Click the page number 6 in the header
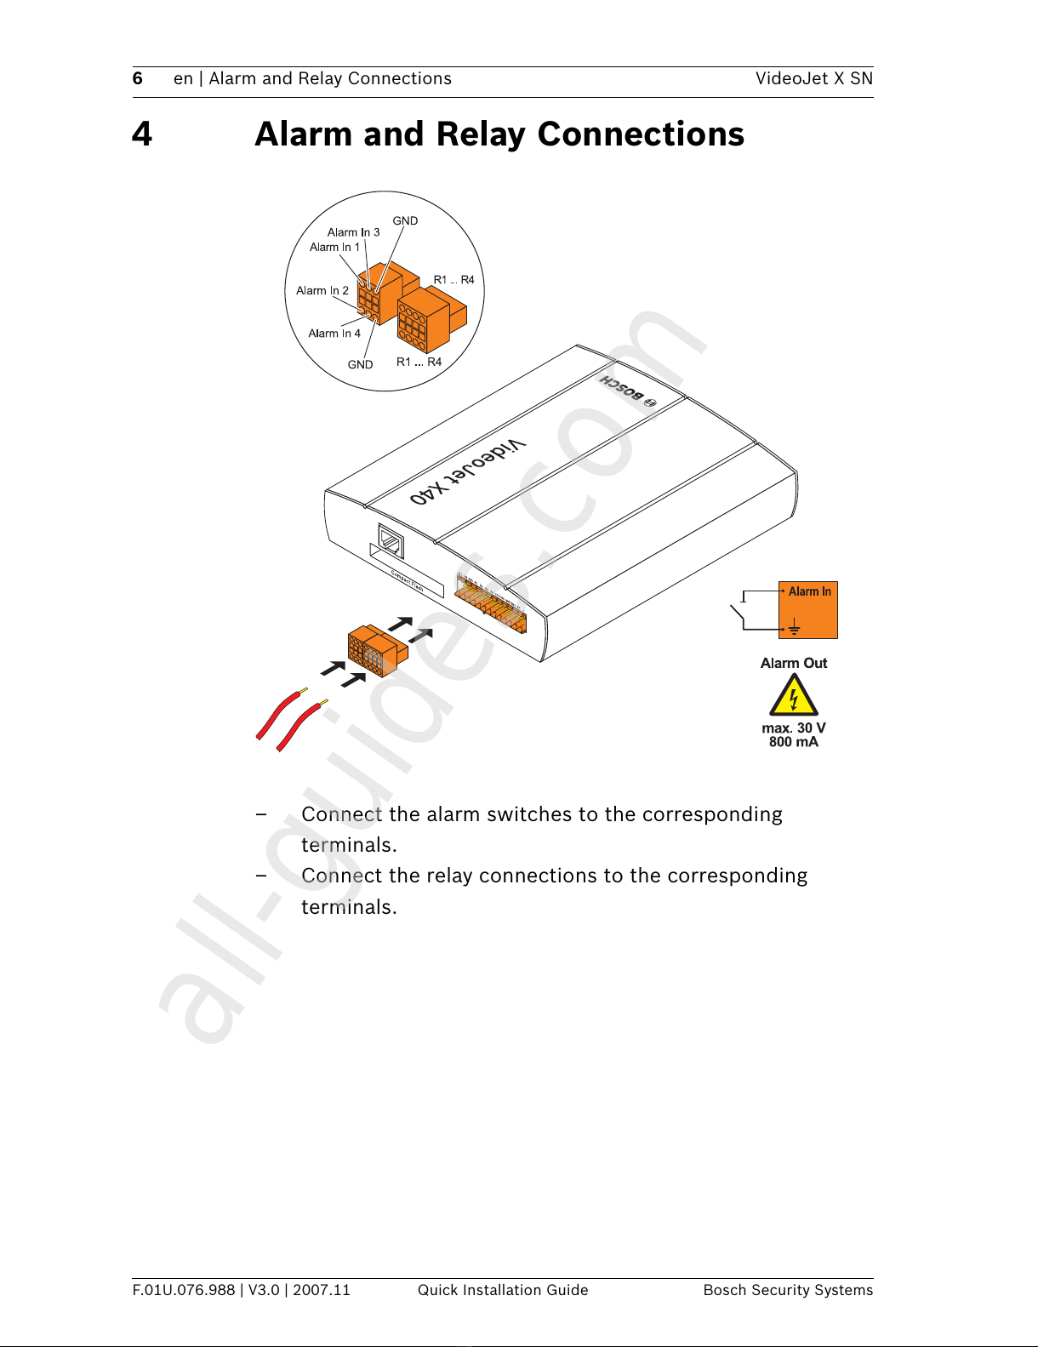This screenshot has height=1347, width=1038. coord(138,79)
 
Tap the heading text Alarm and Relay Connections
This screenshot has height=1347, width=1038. coord(499,134)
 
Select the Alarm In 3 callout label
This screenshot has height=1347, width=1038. coord(353,232)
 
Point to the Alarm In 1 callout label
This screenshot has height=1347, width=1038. coord(334,248)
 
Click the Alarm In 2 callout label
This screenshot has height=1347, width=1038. coord(322,291)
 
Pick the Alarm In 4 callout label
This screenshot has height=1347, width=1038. coord(334,334)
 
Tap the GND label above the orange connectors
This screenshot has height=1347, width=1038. coord(405,221)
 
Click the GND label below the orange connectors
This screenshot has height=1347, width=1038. coord(360,365)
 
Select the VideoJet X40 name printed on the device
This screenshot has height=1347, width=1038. coord(468,474)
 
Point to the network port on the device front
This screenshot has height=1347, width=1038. coord(391,541)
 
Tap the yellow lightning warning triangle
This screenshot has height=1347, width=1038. coord(793,696)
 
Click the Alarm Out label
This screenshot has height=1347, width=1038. coord(793,664)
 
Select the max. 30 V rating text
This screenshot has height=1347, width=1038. coord(793,728)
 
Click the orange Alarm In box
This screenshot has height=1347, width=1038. coord(808,610)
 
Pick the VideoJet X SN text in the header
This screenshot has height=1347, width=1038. coord(813,79)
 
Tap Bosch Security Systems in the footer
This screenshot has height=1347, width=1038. coord(788,1290)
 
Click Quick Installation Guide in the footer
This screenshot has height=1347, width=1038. coord(503,1290)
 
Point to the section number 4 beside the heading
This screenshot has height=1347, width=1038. coord(142,134)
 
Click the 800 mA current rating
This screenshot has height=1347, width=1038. coord(793,742)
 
